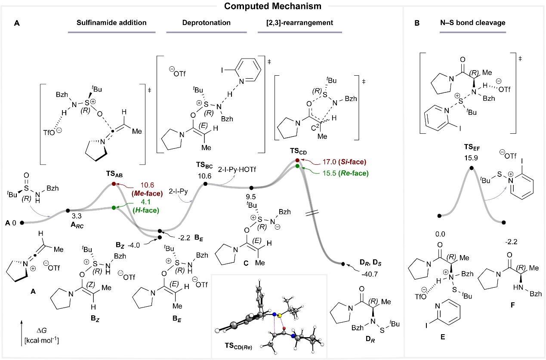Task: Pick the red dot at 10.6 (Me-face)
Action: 114,184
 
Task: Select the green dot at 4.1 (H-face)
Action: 114,208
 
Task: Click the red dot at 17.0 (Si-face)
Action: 297,160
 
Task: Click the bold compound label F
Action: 510,319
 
